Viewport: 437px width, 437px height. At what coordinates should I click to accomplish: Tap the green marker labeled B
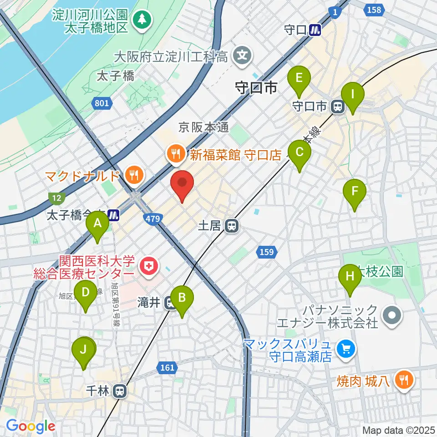coord(182,298)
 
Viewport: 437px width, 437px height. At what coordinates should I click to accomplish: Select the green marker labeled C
coord(300,153)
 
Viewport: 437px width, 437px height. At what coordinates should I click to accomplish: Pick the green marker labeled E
coord(299,78)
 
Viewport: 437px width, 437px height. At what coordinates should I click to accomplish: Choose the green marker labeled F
coord(355,192)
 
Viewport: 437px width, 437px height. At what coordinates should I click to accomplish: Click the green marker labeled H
coord(350,277)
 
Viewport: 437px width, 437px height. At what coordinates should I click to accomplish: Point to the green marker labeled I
coord(353,95)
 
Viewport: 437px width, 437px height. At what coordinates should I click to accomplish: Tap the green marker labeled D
coord(86,293)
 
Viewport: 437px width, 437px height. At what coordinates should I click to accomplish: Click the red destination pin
coord(182,183)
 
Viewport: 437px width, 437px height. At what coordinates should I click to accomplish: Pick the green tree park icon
coord(142,19)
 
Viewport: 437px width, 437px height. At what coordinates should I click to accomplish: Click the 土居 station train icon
coord(232,225)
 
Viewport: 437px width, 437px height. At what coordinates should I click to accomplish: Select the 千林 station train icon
coord(120,391)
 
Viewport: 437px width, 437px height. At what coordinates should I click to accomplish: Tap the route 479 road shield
coord(153,219)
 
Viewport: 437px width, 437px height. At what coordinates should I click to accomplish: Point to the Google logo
coord(30,426)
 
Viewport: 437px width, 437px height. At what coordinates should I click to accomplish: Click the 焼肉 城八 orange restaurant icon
coord(403,379)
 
